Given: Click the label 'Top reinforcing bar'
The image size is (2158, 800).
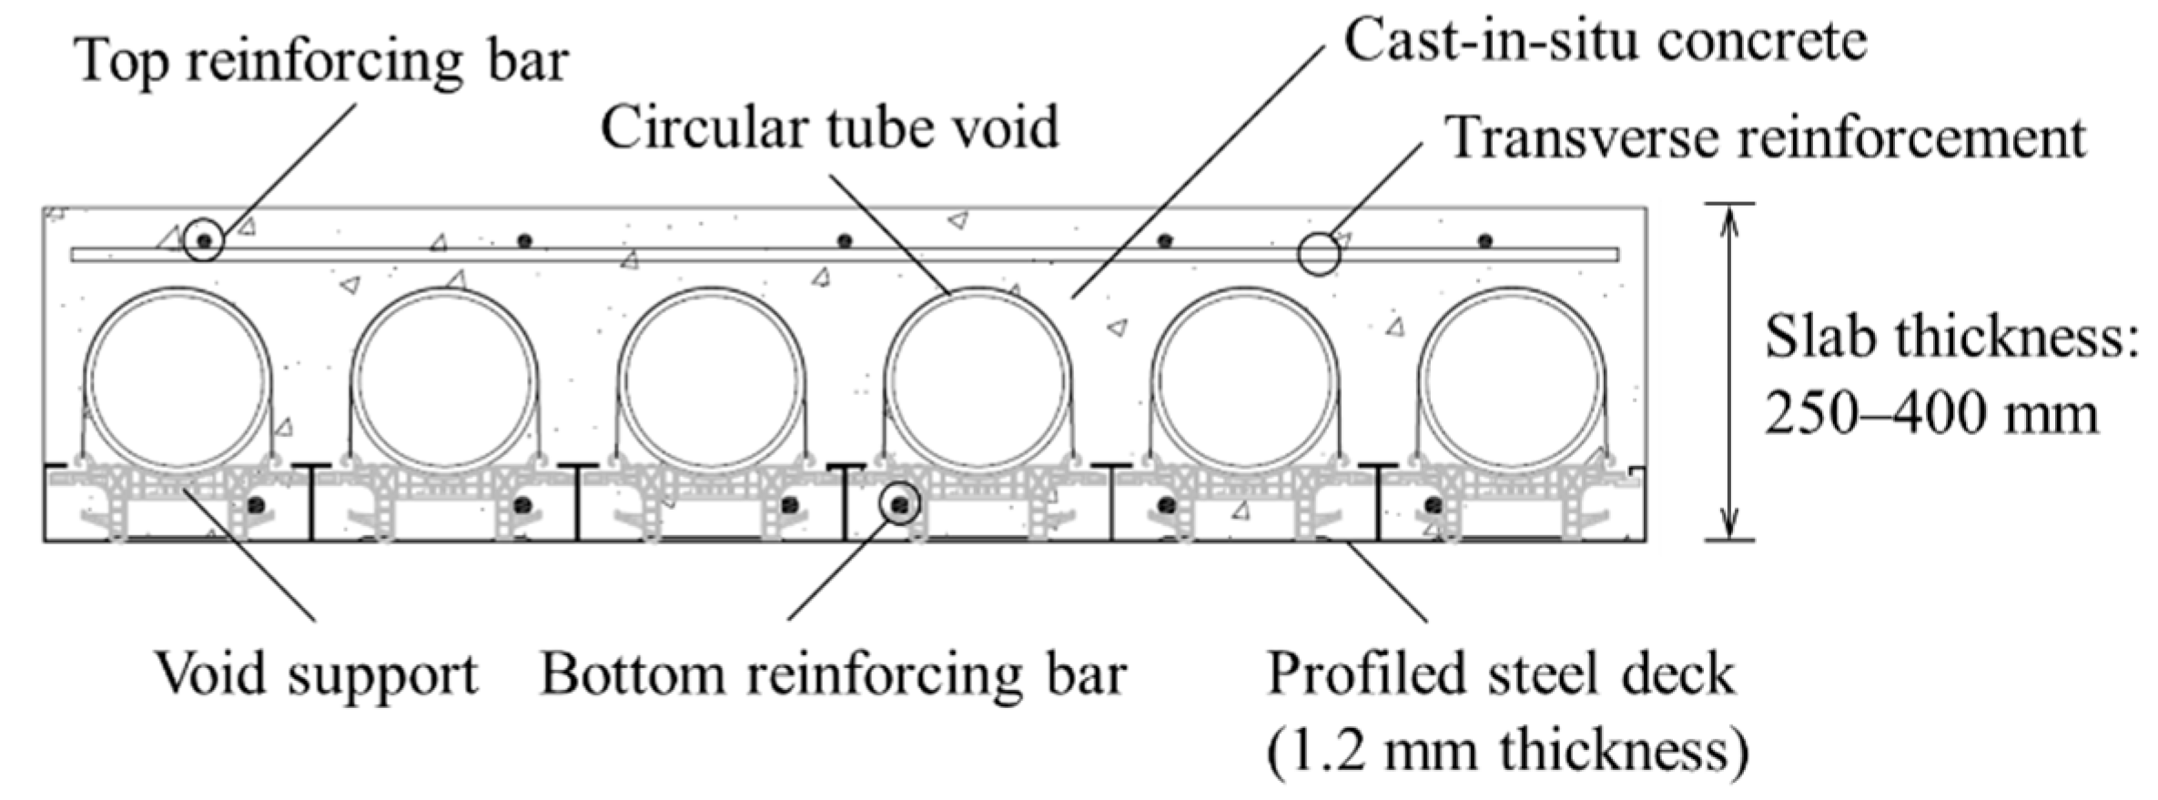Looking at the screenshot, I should tap(323, 62).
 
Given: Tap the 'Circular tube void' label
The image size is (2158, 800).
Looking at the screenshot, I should tap(829, 127).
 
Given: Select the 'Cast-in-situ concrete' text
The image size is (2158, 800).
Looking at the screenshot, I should tap(1606, 42).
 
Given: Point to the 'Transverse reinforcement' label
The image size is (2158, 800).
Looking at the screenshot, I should tap(1766, 138).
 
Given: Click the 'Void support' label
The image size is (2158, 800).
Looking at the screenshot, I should tap(317, 675).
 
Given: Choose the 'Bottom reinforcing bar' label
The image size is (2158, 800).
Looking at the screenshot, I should tap(834, 675).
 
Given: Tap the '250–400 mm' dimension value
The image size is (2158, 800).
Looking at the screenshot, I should tap(1931, 414).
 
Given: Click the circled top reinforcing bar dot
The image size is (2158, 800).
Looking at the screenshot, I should tap(204, 241).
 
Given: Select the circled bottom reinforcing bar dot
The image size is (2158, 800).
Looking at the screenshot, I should tap(900, 504).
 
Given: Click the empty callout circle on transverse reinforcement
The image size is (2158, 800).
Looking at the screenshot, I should tap(1318, 254).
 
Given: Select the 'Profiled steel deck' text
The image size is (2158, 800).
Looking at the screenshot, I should tap(1501, 675).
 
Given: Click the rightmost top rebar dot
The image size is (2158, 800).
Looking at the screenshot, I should tap(1484, 241).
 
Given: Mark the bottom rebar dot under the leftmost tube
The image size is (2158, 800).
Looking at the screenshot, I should tap(257, 504).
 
